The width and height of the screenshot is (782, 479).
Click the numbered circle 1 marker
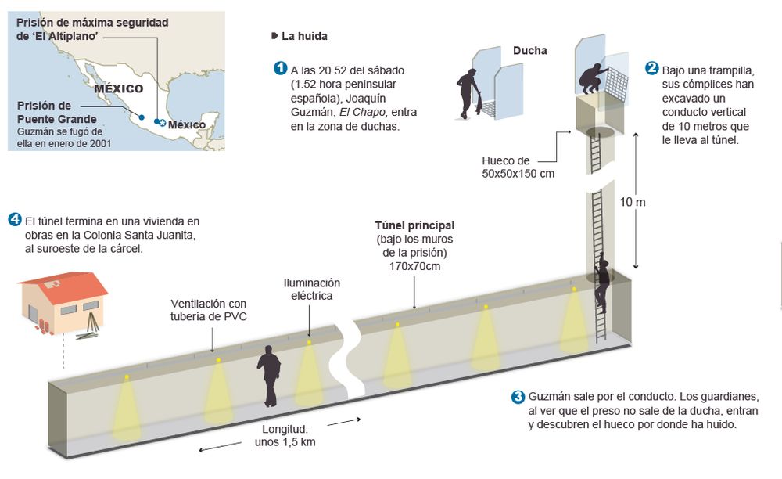[x=280, y=68]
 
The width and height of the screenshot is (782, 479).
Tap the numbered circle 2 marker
[x=651, y=68]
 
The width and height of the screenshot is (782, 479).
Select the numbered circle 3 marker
[x=517, y=396]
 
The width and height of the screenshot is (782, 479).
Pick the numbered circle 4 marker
[x=14, y=218]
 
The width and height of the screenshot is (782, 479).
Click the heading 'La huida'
[x=305, y=36]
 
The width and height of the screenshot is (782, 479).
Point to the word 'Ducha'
[x=529, y=52]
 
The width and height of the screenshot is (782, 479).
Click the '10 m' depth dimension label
[x=633, y=201]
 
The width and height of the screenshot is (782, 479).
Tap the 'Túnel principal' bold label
[x=414, y=225]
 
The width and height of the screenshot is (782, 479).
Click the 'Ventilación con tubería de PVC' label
[x=209, y=309]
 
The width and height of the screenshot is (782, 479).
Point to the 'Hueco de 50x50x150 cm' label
[x=518, y=167]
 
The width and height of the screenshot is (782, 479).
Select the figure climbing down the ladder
[x=601, y=282]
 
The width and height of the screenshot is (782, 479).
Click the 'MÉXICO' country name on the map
[x=118, y=88]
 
